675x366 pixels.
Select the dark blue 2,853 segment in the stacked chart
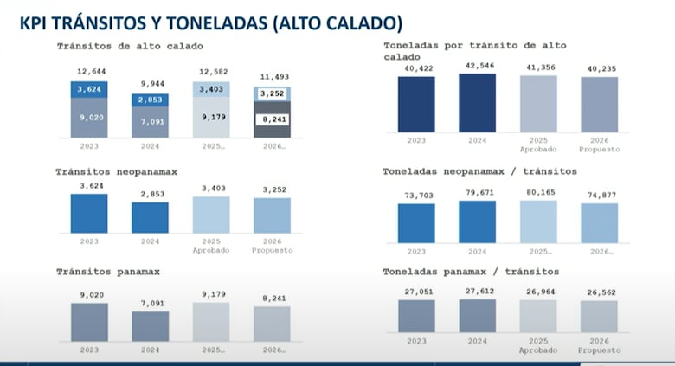[150, 100]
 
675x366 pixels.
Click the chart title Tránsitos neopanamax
[117, 171]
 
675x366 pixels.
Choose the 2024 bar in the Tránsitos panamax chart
[150, 326]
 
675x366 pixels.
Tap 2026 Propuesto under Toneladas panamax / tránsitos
[599, 345]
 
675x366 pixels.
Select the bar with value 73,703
[416, 222]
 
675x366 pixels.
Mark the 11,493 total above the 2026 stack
[272, 78]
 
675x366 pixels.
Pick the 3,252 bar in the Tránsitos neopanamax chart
[272, 215]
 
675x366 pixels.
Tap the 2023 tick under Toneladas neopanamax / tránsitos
[416, 251]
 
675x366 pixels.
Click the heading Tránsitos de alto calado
[130, 45]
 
